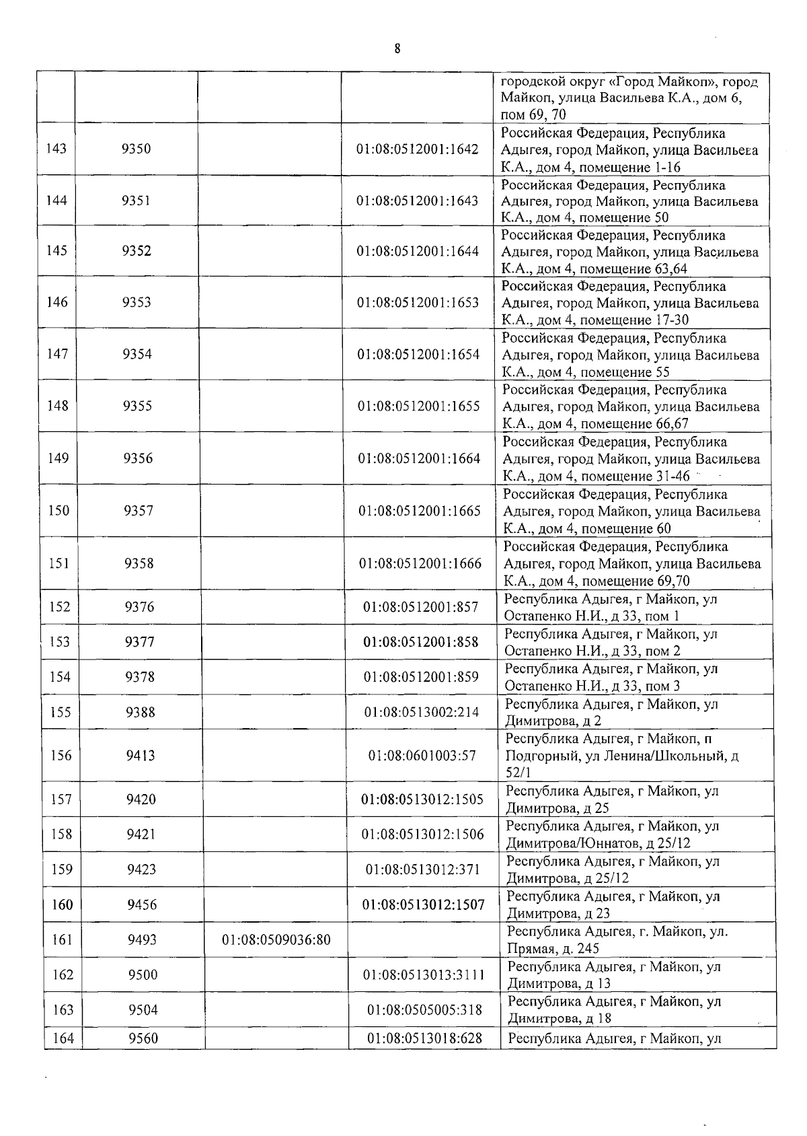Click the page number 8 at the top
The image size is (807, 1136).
coord(397,48)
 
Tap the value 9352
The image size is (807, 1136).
coord(137,251)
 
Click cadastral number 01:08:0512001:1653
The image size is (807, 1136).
coord(418,302)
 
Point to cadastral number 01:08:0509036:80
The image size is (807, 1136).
coord(276,939)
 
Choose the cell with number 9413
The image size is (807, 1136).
coord(141,755)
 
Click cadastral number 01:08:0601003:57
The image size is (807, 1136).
coord(422,756)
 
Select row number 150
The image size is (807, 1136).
coord(59,511)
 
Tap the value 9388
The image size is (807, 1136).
coord(141,712)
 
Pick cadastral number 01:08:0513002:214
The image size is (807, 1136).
coord(422,712)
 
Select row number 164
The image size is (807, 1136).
coord(63,1038)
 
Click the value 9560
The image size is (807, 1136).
coord(143,1038)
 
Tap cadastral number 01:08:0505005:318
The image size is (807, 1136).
coord(425,1009)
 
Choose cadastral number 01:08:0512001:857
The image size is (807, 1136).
coord(420,607)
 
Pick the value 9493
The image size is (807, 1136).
coord(142,939)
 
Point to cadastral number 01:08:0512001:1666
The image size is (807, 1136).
coord(420,563)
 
